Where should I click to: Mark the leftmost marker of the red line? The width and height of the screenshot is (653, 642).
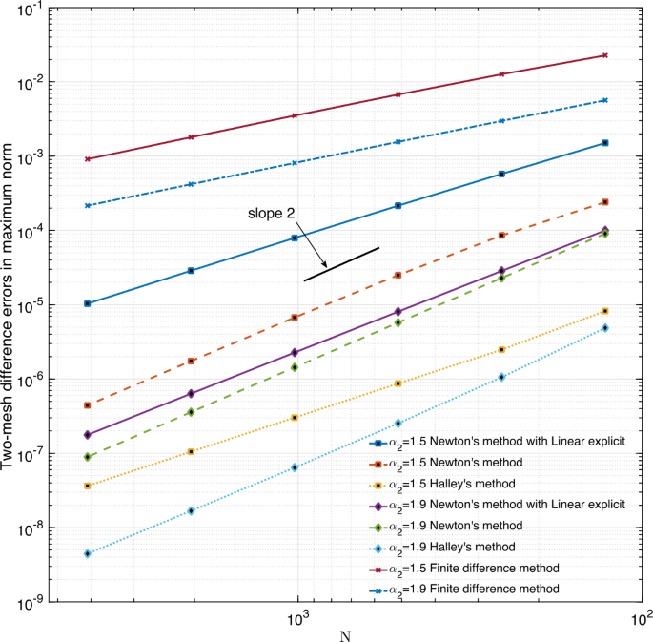[x=88, y=158]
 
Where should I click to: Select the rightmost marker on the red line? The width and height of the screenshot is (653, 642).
[x=604, y=55]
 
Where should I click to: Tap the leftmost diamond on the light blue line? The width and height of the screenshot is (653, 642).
[x=88, y=553]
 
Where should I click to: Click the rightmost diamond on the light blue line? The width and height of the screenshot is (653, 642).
[x=604, y=327]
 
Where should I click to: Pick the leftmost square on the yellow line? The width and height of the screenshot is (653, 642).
[x=88, y=486]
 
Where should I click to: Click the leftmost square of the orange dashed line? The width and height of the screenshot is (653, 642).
[x=88, y=405]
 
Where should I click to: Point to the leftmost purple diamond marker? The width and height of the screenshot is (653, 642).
[x=88, y=434]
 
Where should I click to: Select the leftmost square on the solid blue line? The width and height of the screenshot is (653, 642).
[x=88, y=303]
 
